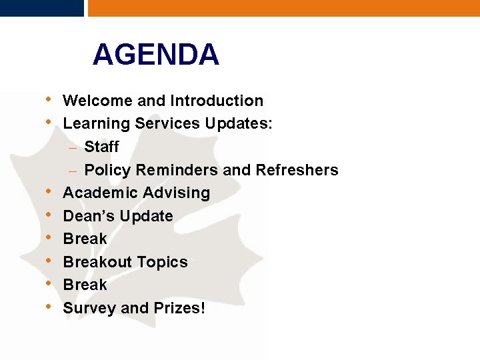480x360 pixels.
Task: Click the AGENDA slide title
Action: tap(156, 55)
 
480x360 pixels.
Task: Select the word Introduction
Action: tap(217, 101)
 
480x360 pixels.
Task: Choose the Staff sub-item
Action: tap(101, 147)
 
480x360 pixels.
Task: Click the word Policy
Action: tap(108, 170)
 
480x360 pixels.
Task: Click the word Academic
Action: tap(97, 193)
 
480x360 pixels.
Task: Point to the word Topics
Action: tap(163, 262)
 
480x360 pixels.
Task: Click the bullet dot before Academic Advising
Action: tap(50, 193)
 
